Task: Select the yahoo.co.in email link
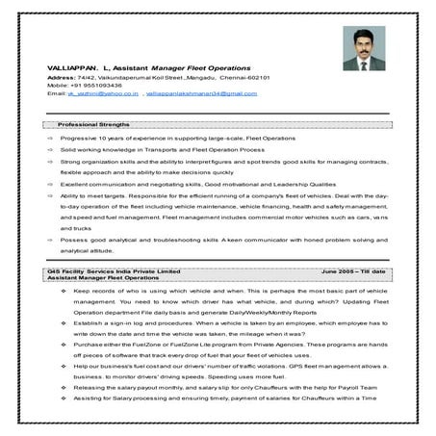pyautogui.click(x=104, y=93)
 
